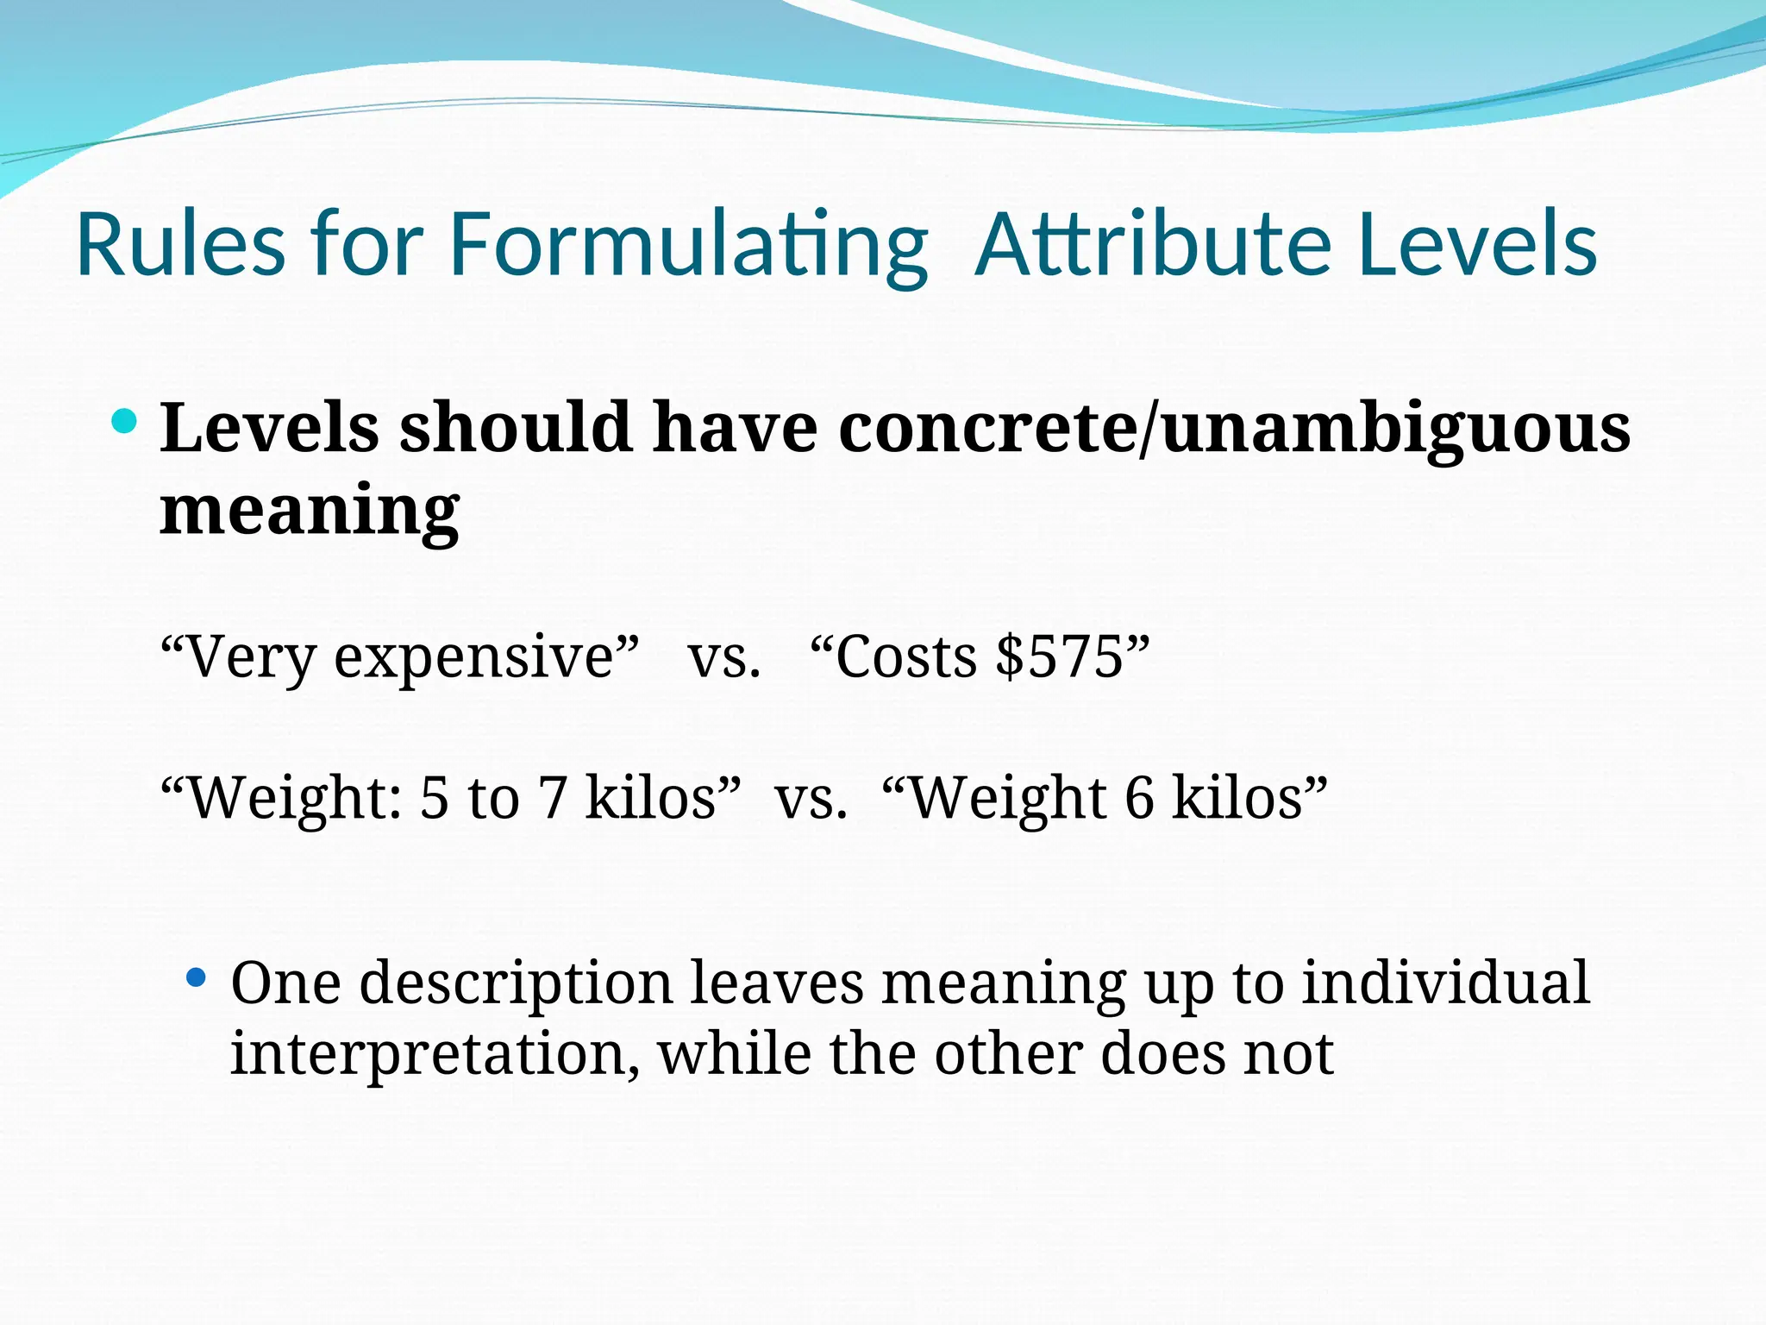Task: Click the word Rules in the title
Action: click(180, 244)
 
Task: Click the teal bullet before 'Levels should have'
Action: click(124, 422)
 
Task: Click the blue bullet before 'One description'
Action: click(197, 978)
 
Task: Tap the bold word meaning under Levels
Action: click(310, 510)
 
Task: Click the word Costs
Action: click(906, 656)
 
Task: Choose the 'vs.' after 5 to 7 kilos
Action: click(811, 798)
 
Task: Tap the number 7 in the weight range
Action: click(553, 798)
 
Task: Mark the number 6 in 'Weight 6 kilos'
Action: click(1139, 798)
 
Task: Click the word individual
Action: click(1445, 983)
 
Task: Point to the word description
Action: click(515, 984)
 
